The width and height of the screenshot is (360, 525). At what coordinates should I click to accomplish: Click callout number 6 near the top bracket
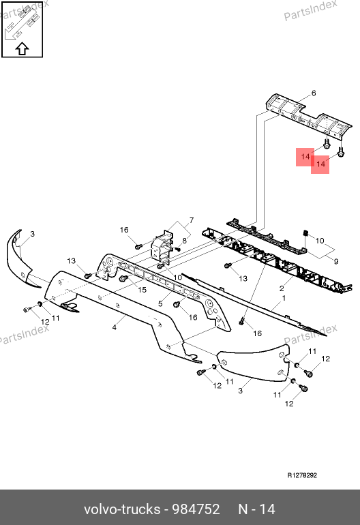314,93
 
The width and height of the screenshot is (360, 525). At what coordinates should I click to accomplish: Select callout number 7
191,220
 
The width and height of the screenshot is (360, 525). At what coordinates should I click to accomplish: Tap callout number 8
185,241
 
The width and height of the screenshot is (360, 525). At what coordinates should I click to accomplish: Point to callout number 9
336,261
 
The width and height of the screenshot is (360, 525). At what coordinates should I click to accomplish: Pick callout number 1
284,298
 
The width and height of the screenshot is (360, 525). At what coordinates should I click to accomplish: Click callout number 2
282,288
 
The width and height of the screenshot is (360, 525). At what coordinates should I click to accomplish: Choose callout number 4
114,327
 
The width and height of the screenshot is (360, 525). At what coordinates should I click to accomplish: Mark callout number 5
160,303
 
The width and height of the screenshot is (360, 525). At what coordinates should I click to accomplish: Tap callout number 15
142,290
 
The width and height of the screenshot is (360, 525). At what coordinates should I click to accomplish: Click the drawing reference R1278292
302,475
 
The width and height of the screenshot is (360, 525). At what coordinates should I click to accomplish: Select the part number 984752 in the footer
196,509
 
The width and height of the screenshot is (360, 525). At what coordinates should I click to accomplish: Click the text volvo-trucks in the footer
122,509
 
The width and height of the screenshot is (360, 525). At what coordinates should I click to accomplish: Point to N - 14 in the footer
256,509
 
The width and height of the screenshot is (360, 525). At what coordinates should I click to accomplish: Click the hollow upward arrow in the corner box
22,49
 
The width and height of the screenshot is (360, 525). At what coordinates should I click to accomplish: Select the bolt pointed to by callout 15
123,278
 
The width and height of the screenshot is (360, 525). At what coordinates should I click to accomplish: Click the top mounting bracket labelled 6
309,117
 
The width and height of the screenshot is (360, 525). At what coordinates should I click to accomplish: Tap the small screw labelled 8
177,249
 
